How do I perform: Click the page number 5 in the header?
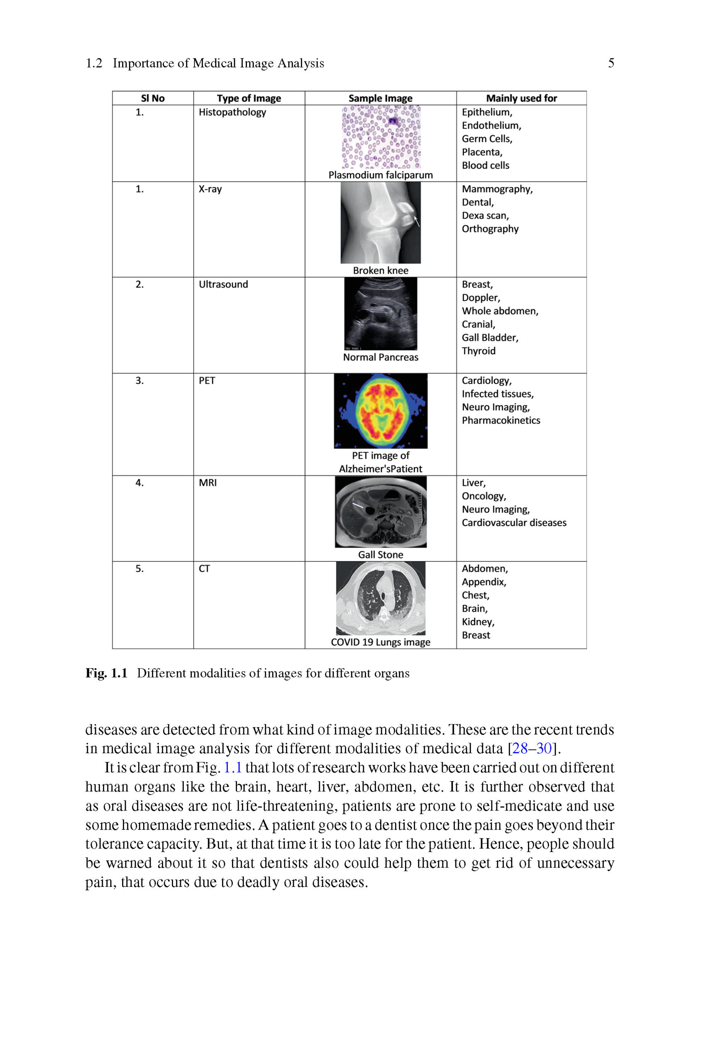(611, 63)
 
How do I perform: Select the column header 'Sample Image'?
(380, 98)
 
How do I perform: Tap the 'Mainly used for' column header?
(521, 98)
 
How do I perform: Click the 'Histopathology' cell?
(232, 112)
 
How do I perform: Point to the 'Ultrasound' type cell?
(223, 284)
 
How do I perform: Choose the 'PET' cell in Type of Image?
(207, 381)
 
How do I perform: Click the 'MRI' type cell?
(208, 483)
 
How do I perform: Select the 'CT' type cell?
(204, 569)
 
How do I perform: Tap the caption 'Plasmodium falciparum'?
(381, 175)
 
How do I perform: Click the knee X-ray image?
(381, 222)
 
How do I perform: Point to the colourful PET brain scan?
(381, 411)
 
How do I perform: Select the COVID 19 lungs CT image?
(381, 598)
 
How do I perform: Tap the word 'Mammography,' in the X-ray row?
(497, 189)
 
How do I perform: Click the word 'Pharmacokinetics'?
(501, 420)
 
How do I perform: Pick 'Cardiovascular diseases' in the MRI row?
(514, 523)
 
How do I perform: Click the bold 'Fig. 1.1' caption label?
(106, 673)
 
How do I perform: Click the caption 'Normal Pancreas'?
(381, 358)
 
